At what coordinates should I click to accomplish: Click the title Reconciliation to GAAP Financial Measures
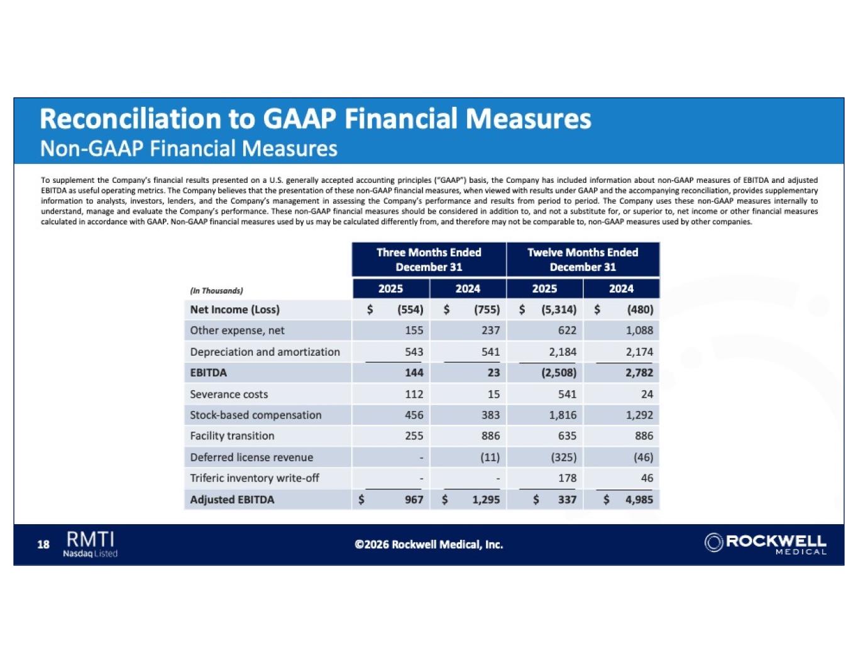[315, 119]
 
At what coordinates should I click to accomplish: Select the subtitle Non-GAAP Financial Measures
[189, 149]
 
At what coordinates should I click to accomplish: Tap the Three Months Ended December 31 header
[429, 260]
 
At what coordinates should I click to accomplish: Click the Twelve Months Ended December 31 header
[583, 260]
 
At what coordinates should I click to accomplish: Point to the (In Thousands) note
[216, 291]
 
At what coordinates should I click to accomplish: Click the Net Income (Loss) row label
[234, 310]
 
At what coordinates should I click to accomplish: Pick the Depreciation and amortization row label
[265, 352]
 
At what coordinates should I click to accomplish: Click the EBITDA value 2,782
[639, 373]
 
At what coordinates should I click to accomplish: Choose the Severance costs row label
[229, 394]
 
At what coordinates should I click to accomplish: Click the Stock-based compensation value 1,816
[562, 415]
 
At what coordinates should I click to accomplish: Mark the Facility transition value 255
[414, 436]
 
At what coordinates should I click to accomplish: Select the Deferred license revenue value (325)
[563, 458]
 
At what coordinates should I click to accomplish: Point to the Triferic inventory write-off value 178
[567, 478]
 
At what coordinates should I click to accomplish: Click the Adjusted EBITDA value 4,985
[639, 500]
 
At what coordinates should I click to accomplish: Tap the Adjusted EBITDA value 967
[414, 500]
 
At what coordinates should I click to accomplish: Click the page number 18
[43, 544]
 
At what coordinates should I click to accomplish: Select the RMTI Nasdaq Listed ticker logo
[91, 544]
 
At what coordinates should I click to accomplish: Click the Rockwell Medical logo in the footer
[765, 544]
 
